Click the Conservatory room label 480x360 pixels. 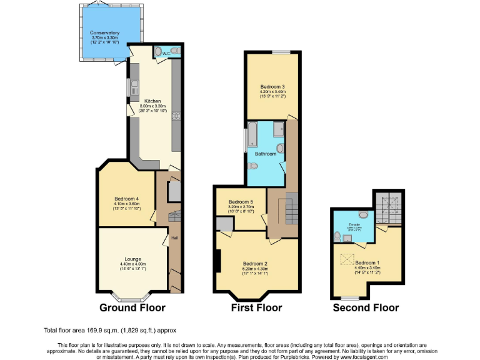click(104, 32)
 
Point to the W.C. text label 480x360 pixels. click(166, 54)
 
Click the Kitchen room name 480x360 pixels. click(152, 101)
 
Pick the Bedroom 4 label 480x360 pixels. click(126, 199)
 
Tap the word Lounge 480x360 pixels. click(132, 259)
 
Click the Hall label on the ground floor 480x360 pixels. click(174, 237)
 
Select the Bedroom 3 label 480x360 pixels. click(272, 86)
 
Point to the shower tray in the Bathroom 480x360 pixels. click(279, 129)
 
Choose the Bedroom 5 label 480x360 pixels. click(241, 202)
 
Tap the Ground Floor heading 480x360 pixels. click(132, 307)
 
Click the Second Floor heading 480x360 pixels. click(366, 307)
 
